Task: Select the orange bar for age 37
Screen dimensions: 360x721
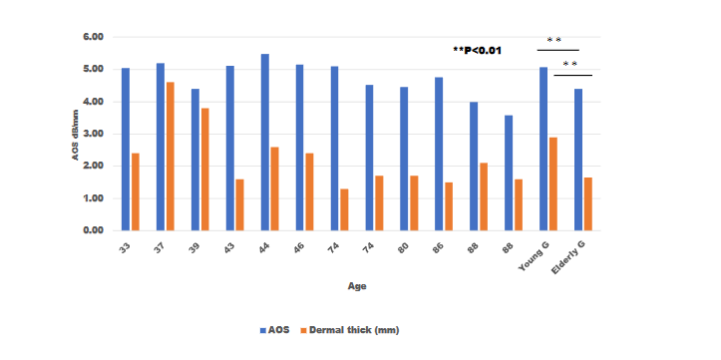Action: point(170,157)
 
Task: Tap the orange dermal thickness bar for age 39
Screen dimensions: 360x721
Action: point(204,170)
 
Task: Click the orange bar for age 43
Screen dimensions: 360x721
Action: point(239,204)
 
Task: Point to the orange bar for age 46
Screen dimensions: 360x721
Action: point(309,191)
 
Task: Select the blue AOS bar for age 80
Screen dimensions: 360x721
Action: point(404,159)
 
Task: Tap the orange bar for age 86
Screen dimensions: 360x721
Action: point(449,206)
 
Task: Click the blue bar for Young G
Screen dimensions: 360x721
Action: point(543,149)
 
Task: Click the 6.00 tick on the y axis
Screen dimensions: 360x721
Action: point(92,37)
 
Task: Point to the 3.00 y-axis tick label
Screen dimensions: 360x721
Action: point(92,134)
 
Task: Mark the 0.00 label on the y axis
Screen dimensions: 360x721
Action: point(92,230)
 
